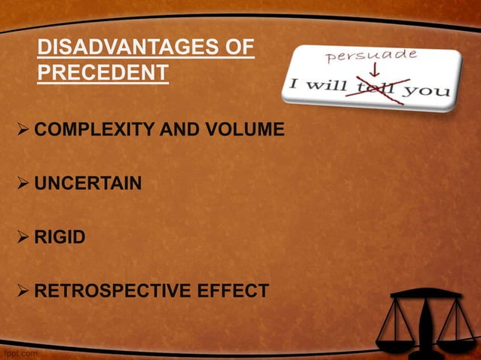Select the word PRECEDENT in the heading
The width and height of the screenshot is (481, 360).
(x=102, y=75)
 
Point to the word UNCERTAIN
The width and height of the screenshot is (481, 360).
(x=88, y=184)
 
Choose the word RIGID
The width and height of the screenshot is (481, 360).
(x=60, y=238)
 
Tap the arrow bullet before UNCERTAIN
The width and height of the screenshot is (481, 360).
(x=23, y=184)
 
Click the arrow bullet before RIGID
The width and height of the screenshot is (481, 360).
(x=23, y=238)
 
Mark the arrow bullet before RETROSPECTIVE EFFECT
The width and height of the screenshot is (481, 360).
(x=23, y=291)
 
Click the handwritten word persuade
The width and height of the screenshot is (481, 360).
(x=370, y=57)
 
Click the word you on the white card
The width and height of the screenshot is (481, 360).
(x=430, y=92)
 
